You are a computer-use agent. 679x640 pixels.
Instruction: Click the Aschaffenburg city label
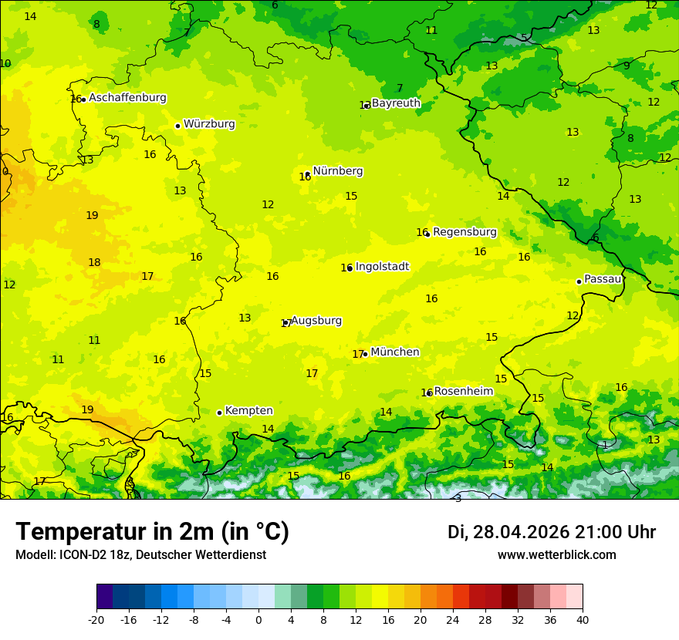(x=127, y=98)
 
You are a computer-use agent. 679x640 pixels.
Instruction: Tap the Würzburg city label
(x=209, y=124)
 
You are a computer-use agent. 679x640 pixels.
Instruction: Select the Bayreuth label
(x=396, y=103)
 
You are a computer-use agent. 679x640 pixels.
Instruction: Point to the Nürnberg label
(x=338, y=171)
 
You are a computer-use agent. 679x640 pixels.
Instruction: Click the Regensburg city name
(x=464, y=232)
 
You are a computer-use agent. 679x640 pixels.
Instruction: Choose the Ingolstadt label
(x=382, y=267)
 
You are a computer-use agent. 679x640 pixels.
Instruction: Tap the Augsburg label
(x=316, y=321)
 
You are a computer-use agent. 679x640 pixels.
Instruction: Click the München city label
(x=395, y=352)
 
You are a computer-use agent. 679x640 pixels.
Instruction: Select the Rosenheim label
(x=463, y=392)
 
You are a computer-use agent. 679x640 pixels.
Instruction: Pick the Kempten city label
(x=248, y=411)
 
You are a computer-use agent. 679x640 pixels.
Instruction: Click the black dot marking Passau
(x=579, y=281)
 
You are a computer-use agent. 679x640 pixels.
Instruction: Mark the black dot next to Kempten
(x=219, y=413)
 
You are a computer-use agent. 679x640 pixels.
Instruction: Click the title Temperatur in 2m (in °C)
(x=152, y=532)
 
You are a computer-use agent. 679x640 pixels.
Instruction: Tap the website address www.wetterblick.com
(x=556, y=555)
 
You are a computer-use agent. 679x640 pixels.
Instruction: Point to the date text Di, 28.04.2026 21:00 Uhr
(x=552, y=532)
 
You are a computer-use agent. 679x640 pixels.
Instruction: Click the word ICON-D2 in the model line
(x=78, y=555)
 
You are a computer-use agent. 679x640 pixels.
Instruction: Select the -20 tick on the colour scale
(x=96, y=620)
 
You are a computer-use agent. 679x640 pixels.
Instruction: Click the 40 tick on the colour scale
(x=582, y=620)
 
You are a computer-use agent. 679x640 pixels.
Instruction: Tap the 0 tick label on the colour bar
(x=258, y=620)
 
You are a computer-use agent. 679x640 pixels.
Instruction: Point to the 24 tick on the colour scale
(x=452, y=620)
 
